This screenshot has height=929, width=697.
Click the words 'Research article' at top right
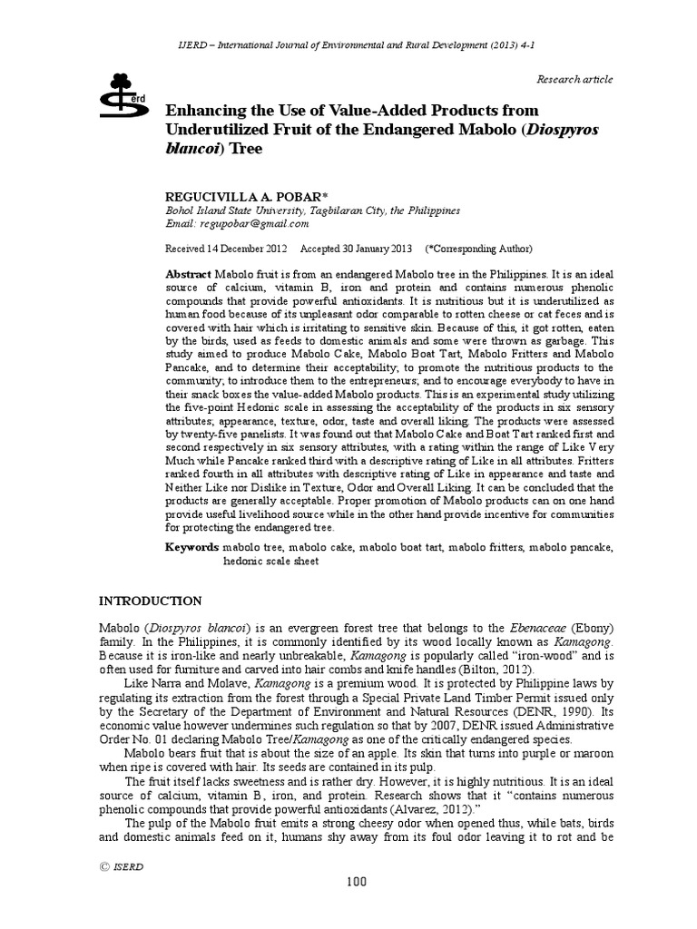click(x=575, y=80)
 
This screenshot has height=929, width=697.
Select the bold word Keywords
click(x=191, y=548)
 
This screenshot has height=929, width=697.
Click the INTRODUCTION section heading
click(x=150, y=601)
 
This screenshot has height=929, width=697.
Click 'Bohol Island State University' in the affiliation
click(x=232, y=210)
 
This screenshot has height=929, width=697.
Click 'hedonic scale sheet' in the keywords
click(x=271, y=561)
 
